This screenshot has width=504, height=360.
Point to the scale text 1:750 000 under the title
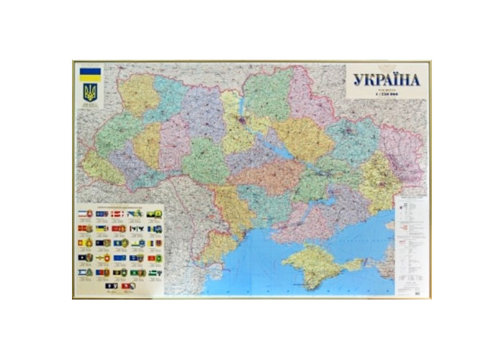pos(388,95)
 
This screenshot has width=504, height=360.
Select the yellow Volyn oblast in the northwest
pos(138,94)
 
